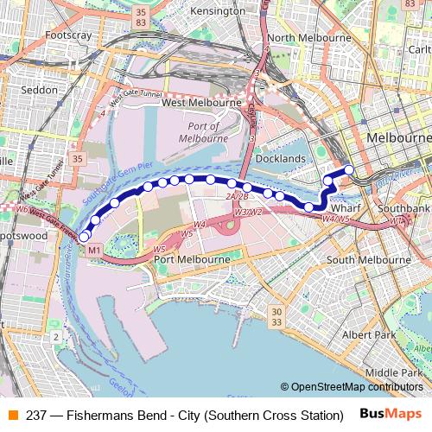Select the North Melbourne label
309,38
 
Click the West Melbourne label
202,102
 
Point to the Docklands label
281,159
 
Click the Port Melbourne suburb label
192,259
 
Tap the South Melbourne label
362,259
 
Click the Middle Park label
393,372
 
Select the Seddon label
38,90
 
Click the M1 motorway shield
94,251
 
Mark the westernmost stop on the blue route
84,237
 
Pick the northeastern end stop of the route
349,169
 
